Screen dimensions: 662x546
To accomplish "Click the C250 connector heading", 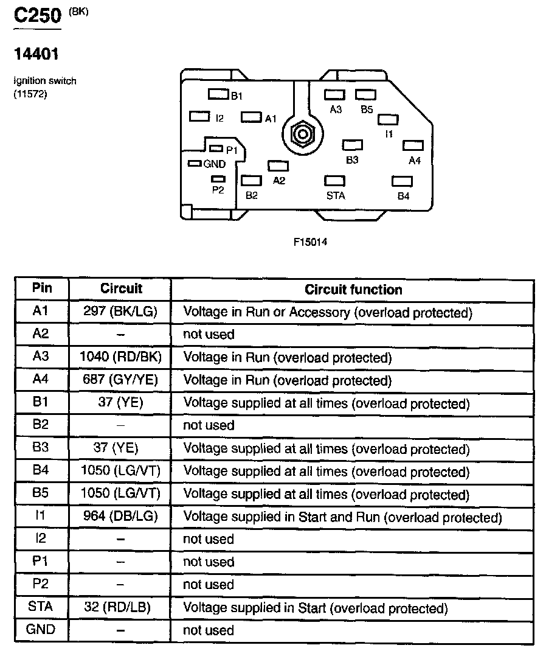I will tap(37, 16).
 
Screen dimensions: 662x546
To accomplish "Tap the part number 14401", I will tap(36, 54).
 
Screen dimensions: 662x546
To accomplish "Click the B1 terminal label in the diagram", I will tap(237, 96).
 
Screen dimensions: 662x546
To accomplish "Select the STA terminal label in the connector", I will tap(335, 195).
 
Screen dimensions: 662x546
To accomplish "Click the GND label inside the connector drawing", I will tap(215, 164).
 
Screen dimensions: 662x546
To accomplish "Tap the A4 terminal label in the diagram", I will tap(414, 161).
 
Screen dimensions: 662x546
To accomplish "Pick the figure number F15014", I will tap(311, 242).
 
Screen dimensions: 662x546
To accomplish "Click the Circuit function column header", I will tap(353, 290).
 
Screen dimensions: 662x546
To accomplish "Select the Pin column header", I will tap(41, 288).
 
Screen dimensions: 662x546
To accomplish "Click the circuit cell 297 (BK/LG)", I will tap(120, 312).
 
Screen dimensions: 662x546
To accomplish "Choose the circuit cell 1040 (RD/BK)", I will tap(120, 357).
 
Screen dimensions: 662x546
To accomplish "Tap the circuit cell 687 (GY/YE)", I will tap(120, 380).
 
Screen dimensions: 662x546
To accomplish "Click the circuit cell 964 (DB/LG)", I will tap(120, 517).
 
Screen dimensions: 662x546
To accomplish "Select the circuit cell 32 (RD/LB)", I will tap(120, 607).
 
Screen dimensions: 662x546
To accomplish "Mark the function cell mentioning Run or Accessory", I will tap(328, 313).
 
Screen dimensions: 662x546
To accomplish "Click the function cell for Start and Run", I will tap(342, 517).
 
